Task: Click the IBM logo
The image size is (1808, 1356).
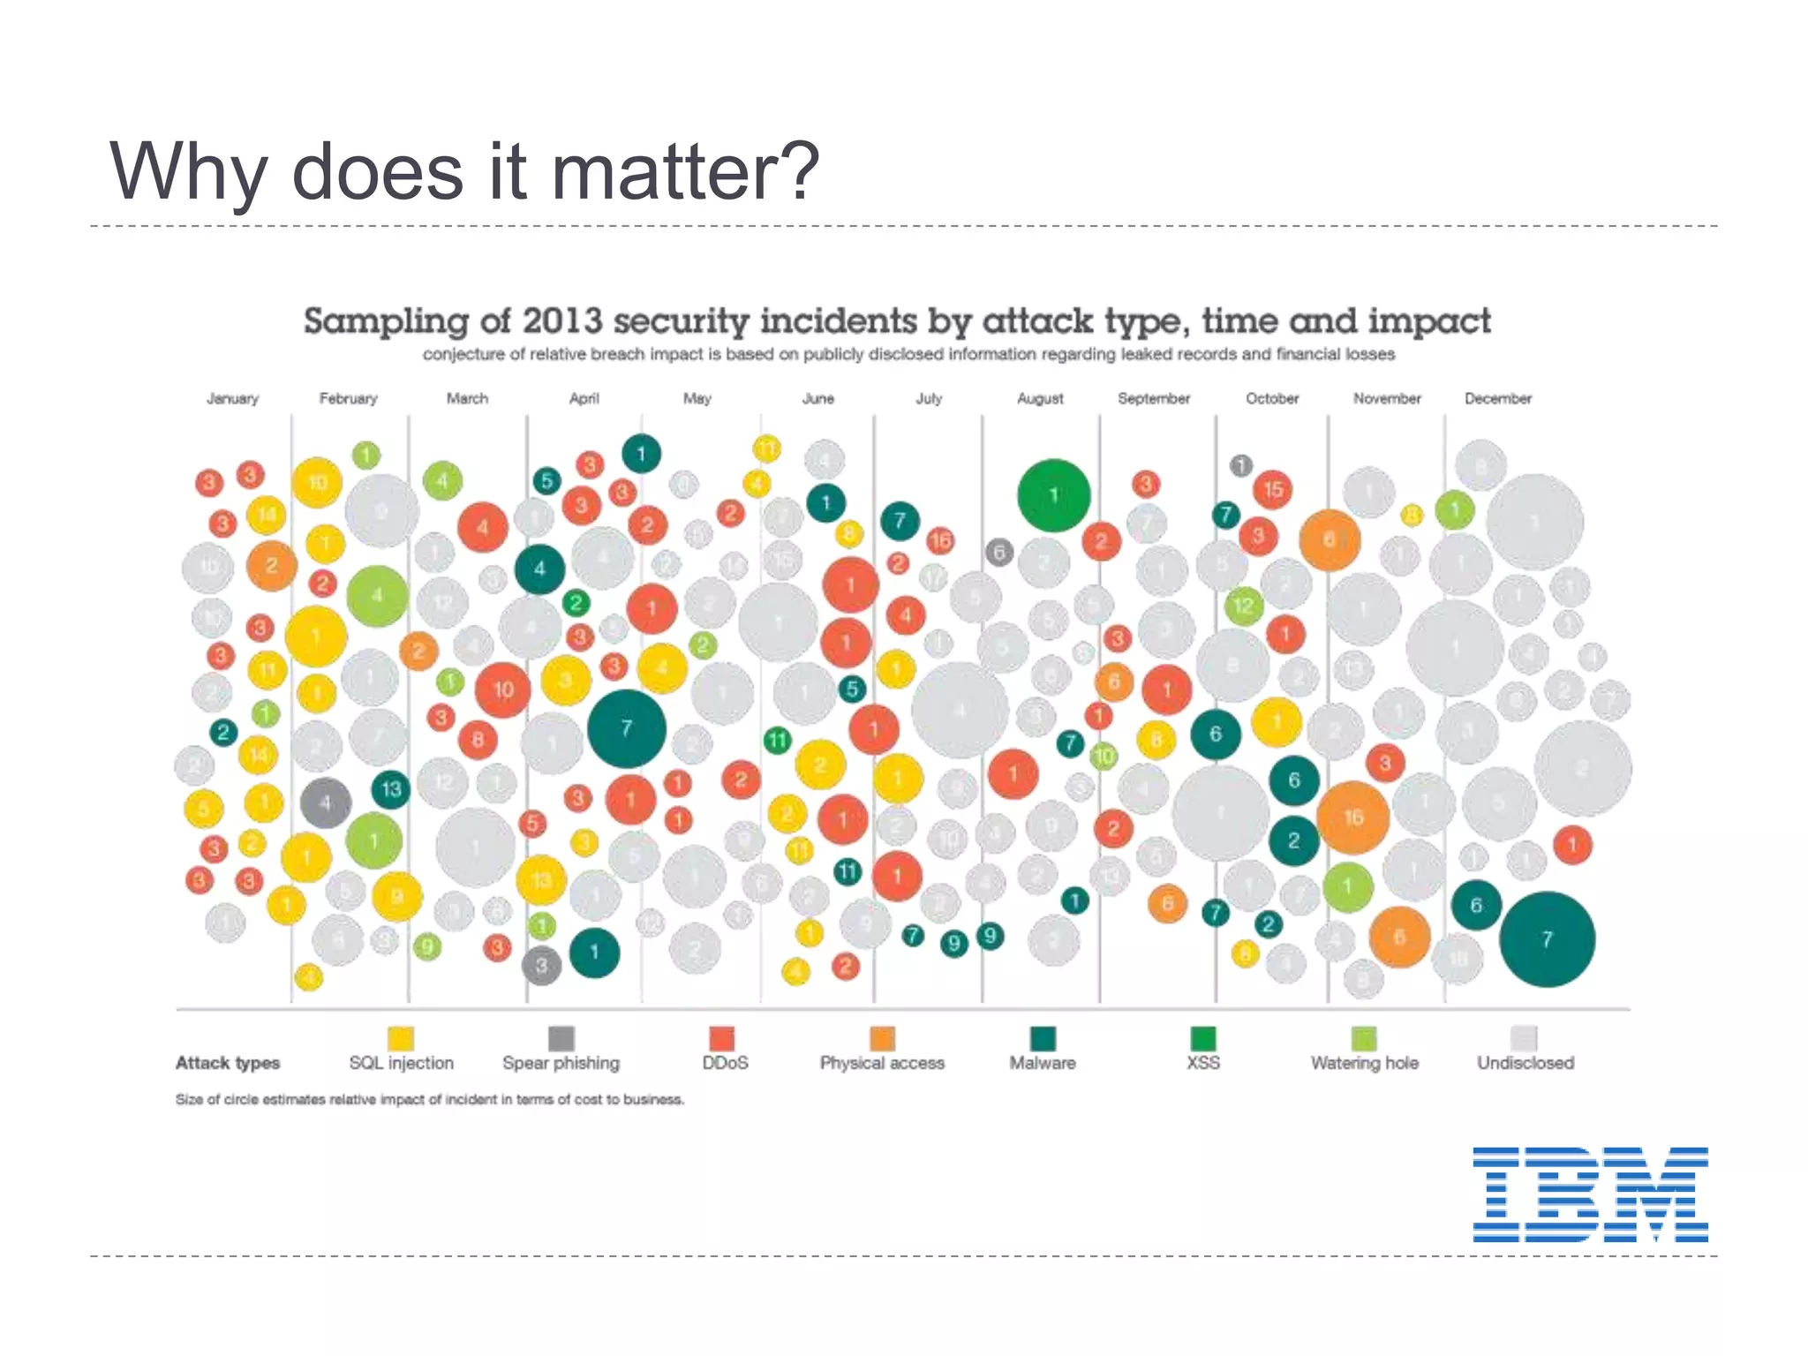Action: pyautogui.click(x=1590, y=1194)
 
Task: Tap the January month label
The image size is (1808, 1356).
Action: pyautogui.click(x=233, y=399)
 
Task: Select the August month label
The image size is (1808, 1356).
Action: pyautogui.click(x=1040, y=399)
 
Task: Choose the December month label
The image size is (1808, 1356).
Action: pyautogui.click(x=1498, y=399)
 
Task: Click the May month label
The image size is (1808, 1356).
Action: pyautogui.click(x=697, y=399)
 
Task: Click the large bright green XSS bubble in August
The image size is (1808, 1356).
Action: pyautogui.click(x=1053, y=495)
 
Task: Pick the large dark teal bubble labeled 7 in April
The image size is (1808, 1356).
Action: pyautogui.click(x=627, y=728)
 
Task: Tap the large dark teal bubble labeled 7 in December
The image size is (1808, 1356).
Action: pyautogui.click(x=1547, y=939)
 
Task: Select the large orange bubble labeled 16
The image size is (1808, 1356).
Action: pyautogui.click(x=1352, y=817)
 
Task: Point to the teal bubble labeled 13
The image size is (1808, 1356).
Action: pyautogui.click(x=390, y=788)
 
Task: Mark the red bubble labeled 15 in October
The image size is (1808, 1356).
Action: pyautogui.click(x=1272, y=489)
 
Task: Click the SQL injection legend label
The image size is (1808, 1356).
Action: pyautogui.click(x=402, y=1063)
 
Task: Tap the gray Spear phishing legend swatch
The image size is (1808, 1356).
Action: pyautogui.click(x=561, y=1038)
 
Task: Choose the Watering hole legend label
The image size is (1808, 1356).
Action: pyautogui.click(x=1364, y=1063)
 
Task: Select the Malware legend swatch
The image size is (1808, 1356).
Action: pyautogui.click(x=1043, y=1038)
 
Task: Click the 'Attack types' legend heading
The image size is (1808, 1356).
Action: pyautogui.click(x=228, y=1063)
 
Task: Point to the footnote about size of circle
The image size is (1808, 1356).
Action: pyautogui.click(x=430, y=1100)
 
